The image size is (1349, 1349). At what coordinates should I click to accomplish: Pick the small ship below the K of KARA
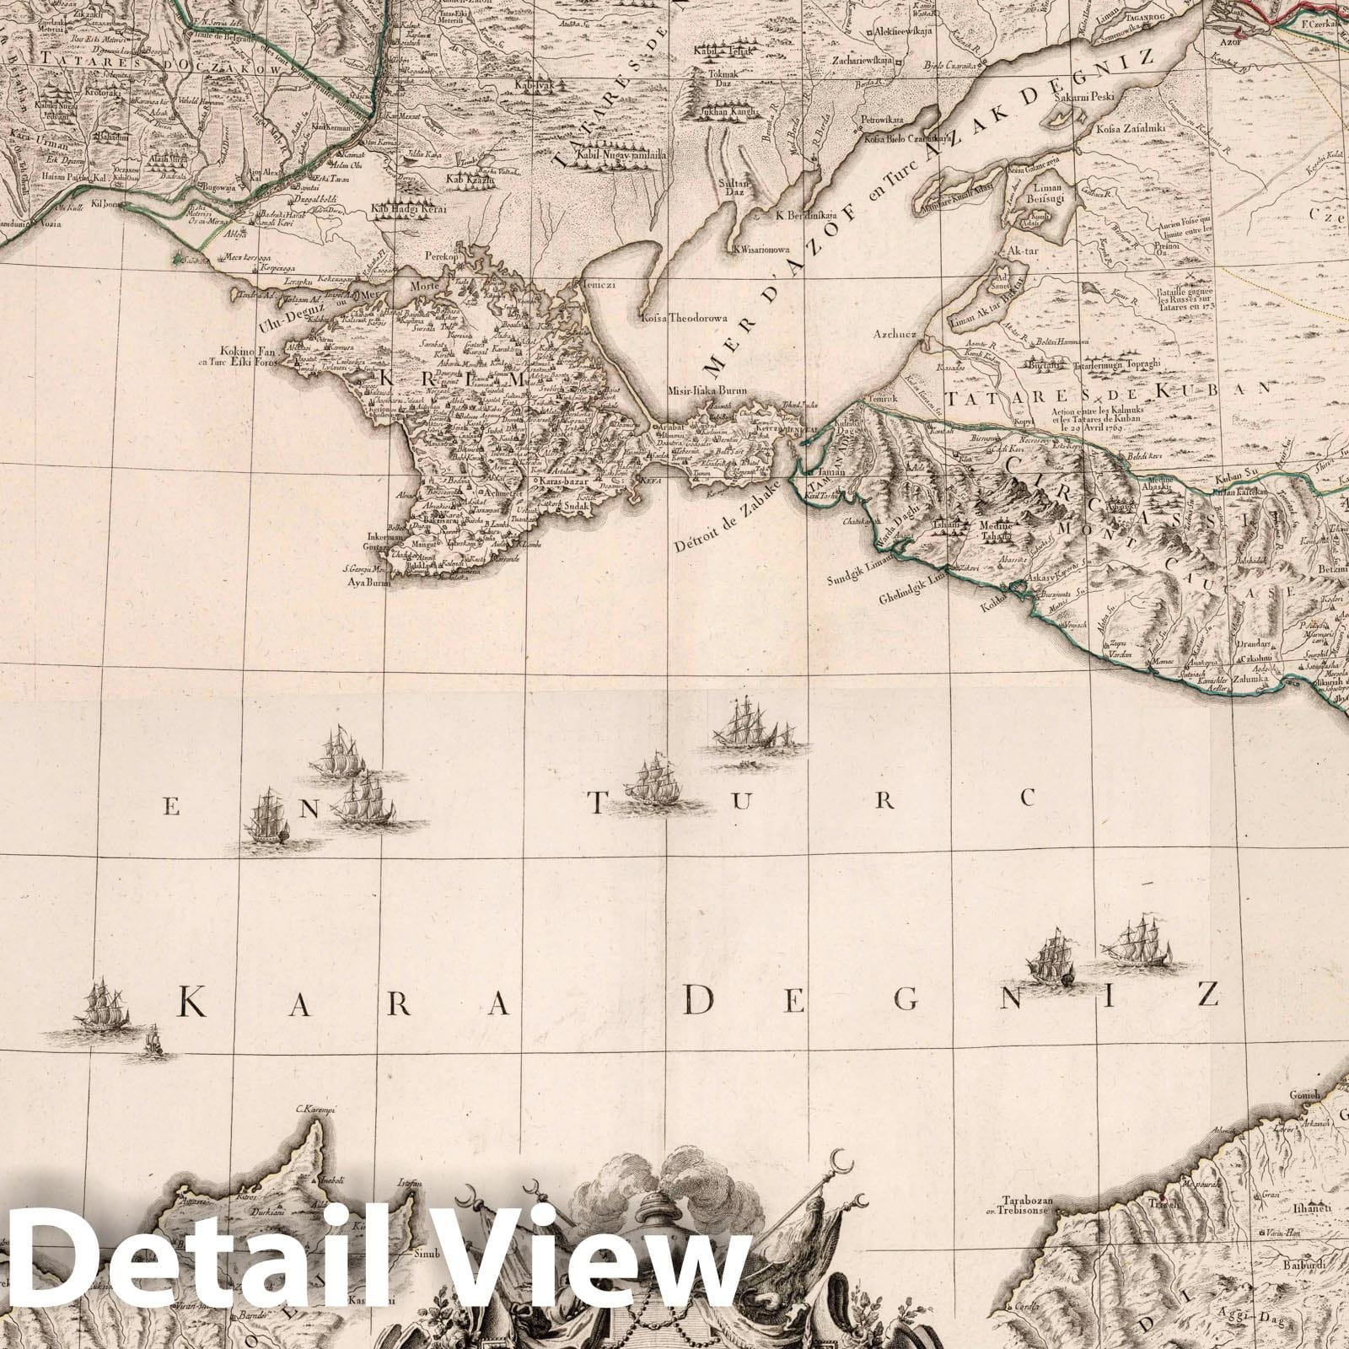click(x=153, y=1042)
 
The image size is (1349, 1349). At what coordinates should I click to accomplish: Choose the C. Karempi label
click(x=315, y=1110)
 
